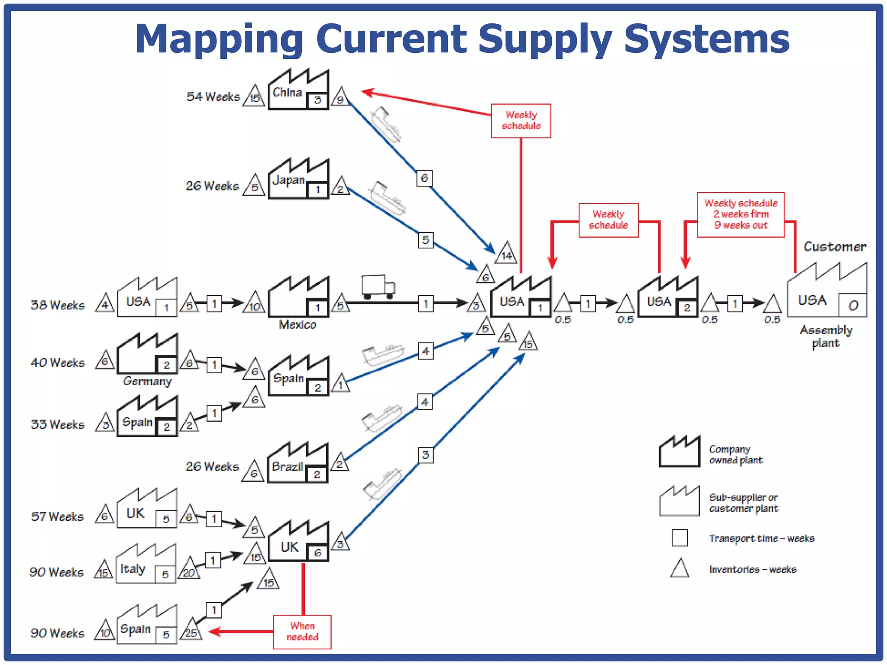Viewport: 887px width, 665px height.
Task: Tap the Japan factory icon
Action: (x=298, y=179)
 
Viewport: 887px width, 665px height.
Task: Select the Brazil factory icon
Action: (x=298, y=463)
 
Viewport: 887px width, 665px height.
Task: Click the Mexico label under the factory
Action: (x=298, y=325)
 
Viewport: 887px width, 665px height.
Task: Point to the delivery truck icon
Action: (x=378, y=287)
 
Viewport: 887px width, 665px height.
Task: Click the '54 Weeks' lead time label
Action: (x=213, y=97)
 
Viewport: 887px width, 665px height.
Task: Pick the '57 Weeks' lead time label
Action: (x=57, y=517)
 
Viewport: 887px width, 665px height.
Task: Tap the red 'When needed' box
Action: (x=302, y=632)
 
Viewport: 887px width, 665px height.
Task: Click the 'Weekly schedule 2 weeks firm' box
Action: (x=741, y=214)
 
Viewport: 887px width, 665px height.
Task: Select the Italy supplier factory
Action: (x=146, y=565)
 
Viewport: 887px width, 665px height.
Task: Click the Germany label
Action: (x=147, y=381)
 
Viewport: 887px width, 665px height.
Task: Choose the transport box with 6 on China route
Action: (x=424, y=178)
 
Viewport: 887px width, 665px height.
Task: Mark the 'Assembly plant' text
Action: (x=826, y=336)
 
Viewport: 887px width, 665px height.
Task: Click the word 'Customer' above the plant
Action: (x=835, y=247)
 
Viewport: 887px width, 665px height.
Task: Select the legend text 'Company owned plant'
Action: (x=735, y=455)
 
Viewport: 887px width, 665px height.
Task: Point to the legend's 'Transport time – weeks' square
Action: (x=680, y=538)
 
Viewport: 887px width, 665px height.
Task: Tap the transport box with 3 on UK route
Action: (x=426, y=455)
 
